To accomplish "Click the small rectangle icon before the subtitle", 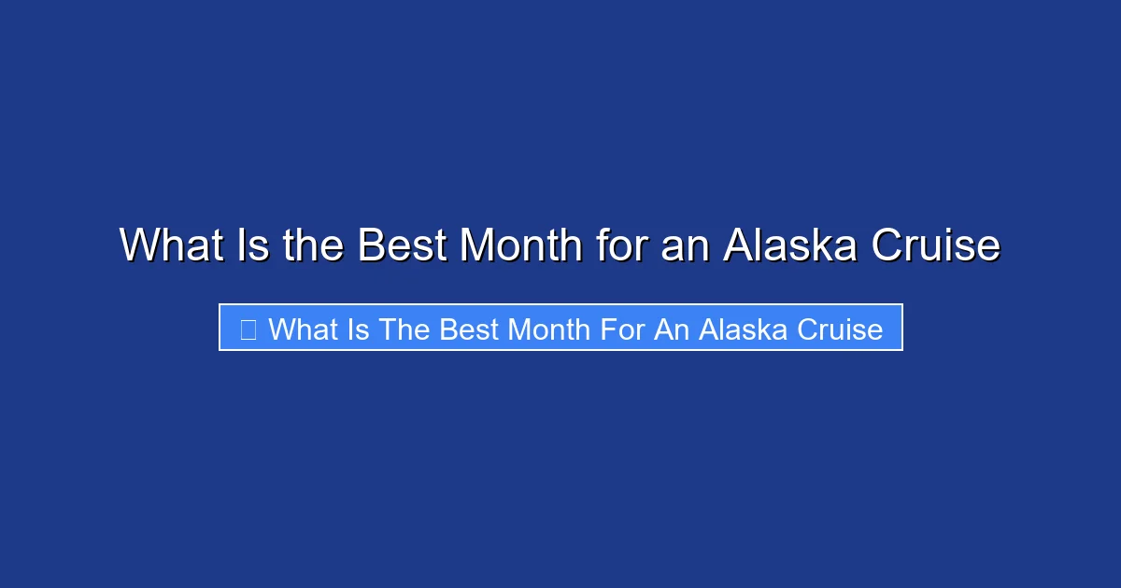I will (248, 329).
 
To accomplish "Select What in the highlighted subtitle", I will (302, 329).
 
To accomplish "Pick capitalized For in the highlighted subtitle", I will (621, 329).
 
